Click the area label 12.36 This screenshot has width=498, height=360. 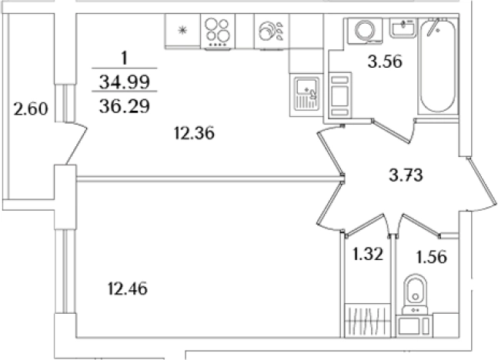(x=193, y=133)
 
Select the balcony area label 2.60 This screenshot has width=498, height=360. (x=32, y=108)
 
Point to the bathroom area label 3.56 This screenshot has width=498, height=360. (x=386, y=62)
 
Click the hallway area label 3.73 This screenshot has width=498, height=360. (x=406, y=175)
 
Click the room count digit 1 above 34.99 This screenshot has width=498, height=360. (x=124, y=58)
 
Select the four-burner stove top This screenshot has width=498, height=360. (x=218, y=32)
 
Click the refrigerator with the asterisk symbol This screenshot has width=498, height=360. (x=182, y=32)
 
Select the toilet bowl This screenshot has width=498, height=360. (x=416, y=294)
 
